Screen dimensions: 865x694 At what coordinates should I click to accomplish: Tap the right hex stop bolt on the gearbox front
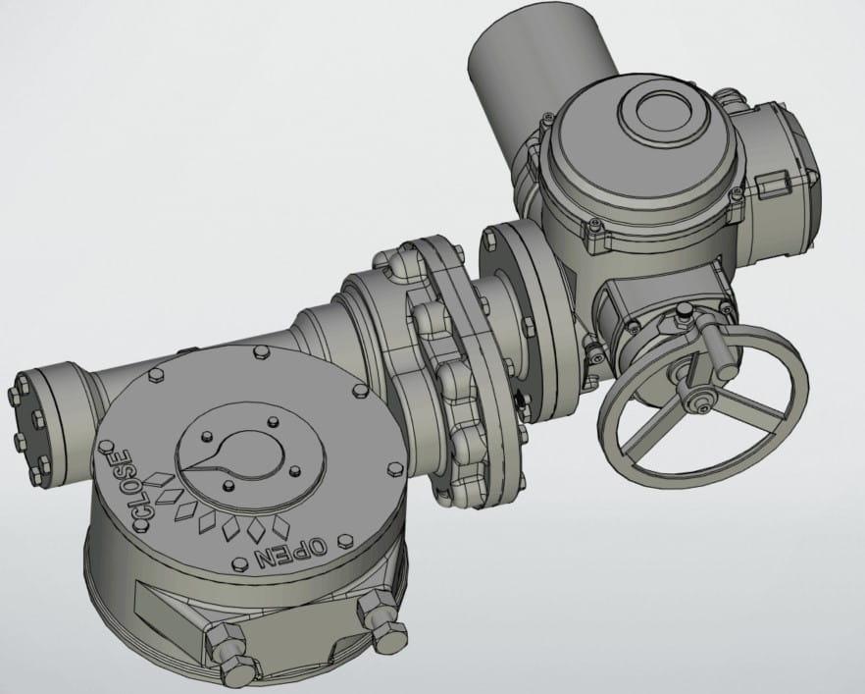(x=382, y=619)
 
